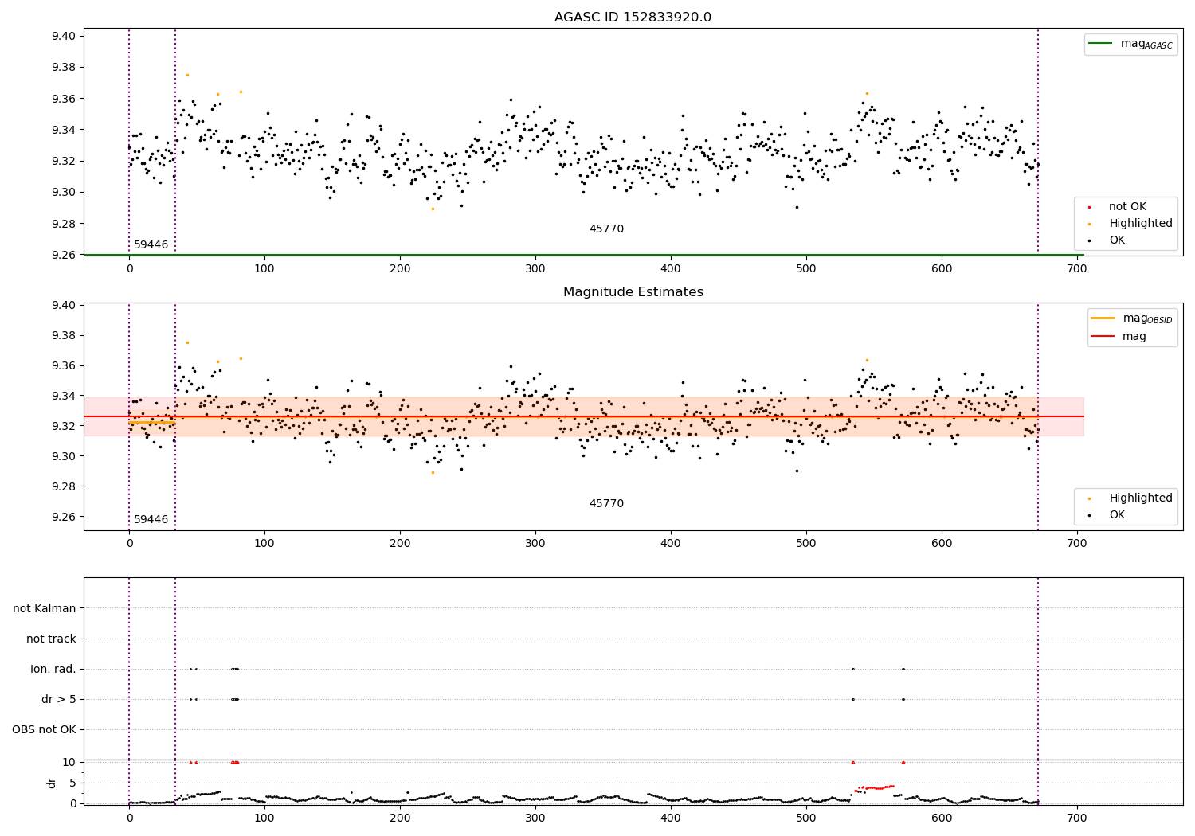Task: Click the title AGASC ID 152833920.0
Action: pos(633,18)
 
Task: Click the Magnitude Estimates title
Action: pos(633,292)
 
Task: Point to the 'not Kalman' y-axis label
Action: pos(45,608)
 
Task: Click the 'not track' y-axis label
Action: pos(51,639)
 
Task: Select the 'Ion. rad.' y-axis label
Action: pos(53,669)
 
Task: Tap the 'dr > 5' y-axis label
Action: pos(58,699)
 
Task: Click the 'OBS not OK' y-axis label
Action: pos(44,729)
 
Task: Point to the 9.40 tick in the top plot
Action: pos(65,36)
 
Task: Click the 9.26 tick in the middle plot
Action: pos(65,517)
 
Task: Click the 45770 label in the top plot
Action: pos(606,229)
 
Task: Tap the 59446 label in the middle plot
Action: pos(151,520)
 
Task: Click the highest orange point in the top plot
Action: pos(187,75)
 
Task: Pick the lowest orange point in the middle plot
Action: pos(433,472)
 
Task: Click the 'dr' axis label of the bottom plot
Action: pos(52,783)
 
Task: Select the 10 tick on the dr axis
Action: pos(69,762)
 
